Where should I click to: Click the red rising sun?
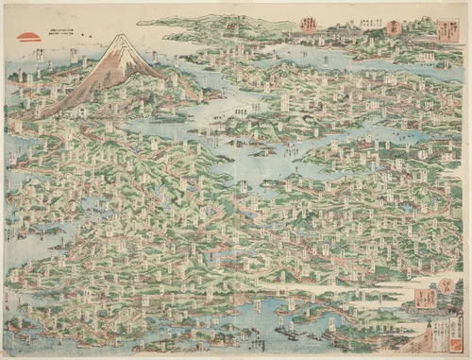pyautogui.click(x=29, y=38)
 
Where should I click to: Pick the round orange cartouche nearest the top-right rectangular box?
pyautogui.click(x=394, y=27)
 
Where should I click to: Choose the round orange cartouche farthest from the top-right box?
pyautogui.click(x=309, y=25)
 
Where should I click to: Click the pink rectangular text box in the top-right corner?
pyautogui.click(x=447, y=32)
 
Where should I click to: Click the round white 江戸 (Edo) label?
pyautogui.click(x=446, y=283)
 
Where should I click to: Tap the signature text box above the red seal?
pyautogui.click(x=454, y=326)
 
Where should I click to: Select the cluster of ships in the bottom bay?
pyautogui.click(x=283, y=326)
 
